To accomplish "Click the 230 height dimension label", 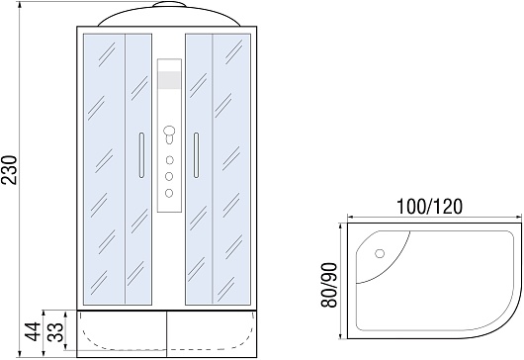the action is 9,170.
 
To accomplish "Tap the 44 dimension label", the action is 33,331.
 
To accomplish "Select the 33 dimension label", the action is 55,331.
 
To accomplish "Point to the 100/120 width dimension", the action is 429,207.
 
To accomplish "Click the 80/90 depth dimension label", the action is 329,285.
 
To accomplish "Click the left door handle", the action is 141,155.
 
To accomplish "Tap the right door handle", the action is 196,155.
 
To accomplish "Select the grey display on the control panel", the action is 169,80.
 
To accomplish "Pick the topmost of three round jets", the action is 169,160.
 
